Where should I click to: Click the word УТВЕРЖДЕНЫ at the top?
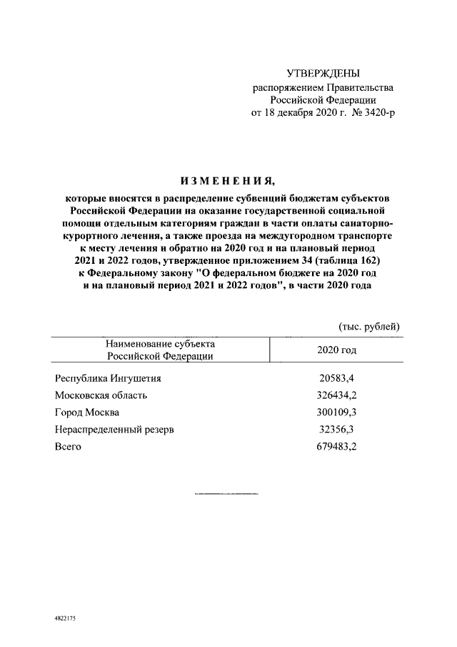[x=323, y=74]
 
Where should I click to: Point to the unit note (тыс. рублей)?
[x=368, y=326]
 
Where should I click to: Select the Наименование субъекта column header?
[x=160, y=344]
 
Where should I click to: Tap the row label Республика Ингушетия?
[x=108, y=378]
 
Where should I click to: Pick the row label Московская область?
[x=101, y=395]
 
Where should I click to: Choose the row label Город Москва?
[x=87, y=413]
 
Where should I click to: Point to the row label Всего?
[x=68, y=447]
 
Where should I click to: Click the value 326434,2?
[x=335, y=395]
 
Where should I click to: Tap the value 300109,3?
[x=335, y=413]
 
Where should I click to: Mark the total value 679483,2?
[x=335, y=447]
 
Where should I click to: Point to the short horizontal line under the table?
[x=226, y=494]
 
